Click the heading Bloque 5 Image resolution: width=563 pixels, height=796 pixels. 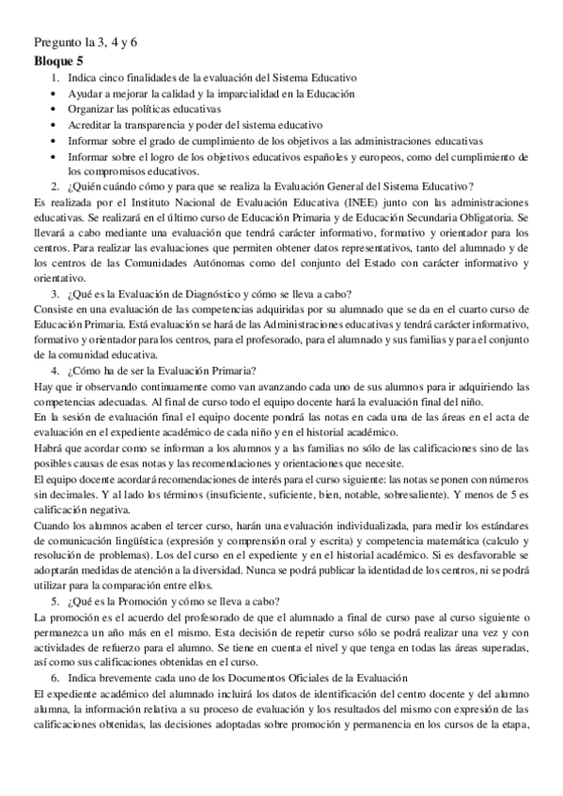click(57, 60)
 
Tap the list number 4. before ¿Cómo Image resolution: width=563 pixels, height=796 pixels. click(55, 370)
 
